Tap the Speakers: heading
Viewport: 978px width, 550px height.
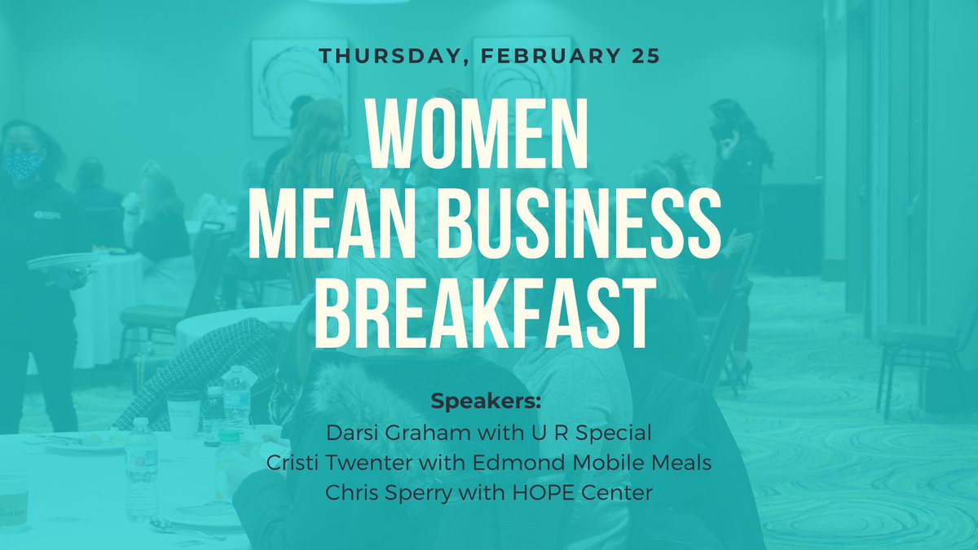pyautogui.click(x=488, y=403)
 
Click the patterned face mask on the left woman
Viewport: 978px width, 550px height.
pyautogui.click(x=23, y=165)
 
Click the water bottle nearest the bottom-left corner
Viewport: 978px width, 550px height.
pyautogui.click(x=140, y=469)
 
